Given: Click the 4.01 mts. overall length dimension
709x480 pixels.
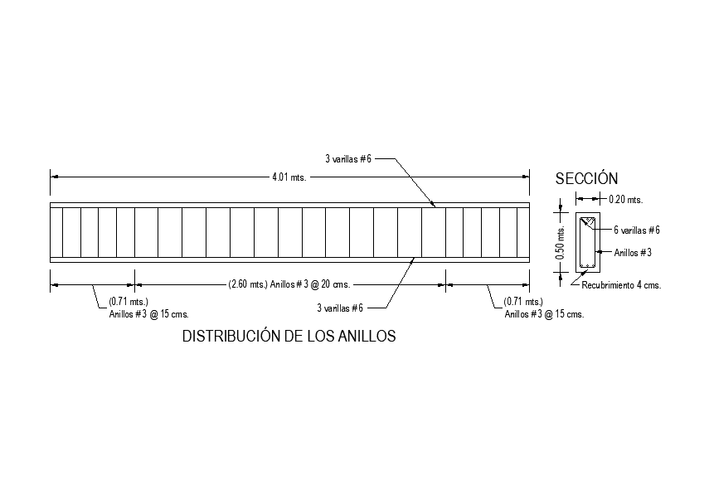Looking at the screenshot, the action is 289,177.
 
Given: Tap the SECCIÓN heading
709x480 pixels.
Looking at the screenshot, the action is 587,178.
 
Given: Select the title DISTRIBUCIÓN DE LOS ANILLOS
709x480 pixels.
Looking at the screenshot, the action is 289,337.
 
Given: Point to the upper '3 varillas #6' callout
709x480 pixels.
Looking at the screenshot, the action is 347,158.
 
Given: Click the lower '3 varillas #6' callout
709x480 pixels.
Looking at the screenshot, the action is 340,308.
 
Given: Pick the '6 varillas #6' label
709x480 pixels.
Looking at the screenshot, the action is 637,230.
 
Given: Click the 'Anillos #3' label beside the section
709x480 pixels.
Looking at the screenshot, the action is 633,252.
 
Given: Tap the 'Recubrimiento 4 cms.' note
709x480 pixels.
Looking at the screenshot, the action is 621,285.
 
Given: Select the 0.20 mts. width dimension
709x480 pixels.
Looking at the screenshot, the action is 626,199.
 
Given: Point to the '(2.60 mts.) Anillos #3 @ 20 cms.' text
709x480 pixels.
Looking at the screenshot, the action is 289,284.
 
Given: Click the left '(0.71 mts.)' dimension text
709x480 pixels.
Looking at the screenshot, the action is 129,303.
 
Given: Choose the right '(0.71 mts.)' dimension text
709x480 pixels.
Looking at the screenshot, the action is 523,303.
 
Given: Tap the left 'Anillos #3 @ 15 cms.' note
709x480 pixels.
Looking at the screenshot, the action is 149,314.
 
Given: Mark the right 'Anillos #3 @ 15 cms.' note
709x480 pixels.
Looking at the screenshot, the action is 544,314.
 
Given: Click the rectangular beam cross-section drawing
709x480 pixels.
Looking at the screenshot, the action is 588,242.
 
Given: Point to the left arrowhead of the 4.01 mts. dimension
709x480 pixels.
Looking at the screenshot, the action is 53,176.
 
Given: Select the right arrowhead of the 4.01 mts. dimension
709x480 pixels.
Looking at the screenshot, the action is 527,176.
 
